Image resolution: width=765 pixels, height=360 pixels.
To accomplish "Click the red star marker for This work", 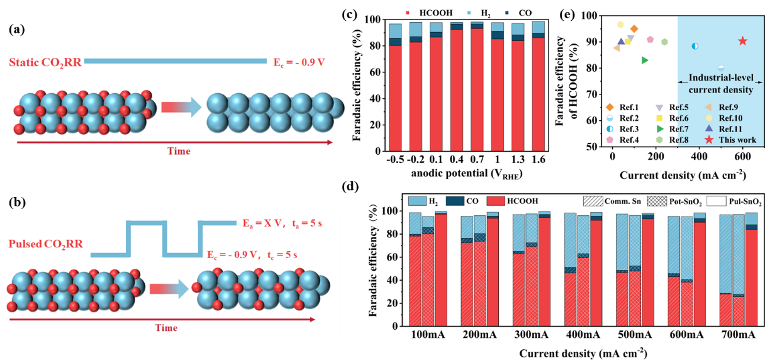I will [x=742, y=41].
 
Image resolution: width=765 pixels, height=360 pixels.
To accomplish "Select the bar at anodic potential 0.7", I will [x=477, y=88].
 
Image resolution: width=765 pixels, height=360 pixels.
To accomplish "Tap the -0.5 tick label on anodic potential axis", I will [x=395, y=159].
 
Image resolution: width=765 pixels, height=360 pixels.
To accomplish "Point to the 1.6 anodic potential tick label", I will [x=538, y=159].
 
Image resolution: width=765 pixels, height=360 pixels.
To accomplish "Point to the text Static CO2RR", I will [x=45, y=61].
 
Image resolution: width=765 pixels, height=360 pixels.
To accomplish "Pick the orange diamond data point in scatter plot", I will [x=634, y=29].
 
